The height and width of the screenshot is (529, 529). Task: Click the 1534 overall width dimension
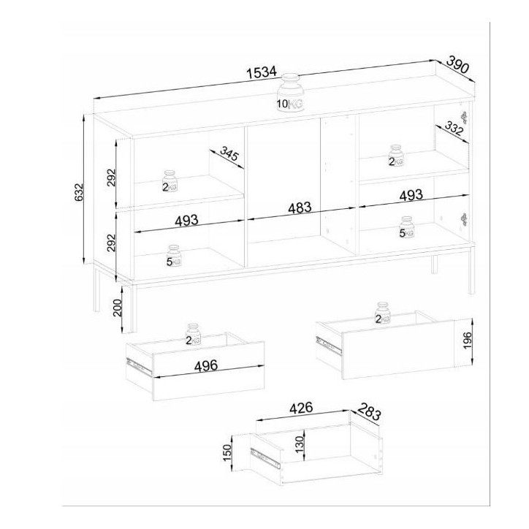[261, 72]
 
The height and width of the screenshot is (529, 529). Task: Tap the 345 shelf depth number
[229, 155]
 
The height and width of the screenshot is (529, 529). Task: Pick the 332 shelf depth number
[454, 130]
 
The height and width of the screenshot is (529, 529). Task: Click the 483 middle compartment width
[299, 207]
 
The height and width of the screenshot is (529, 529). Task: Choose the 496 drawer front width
[200, 366]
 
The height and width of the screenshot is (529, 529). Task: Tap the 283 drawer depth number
[370, 413]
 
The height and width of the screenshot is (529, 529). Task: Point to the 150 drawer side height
[227, 453]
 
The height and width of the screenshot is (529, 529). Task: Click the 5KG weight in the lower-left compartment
[172, 256]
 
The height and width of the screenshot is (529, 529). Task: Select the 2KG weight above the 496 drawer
[192, 334]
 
